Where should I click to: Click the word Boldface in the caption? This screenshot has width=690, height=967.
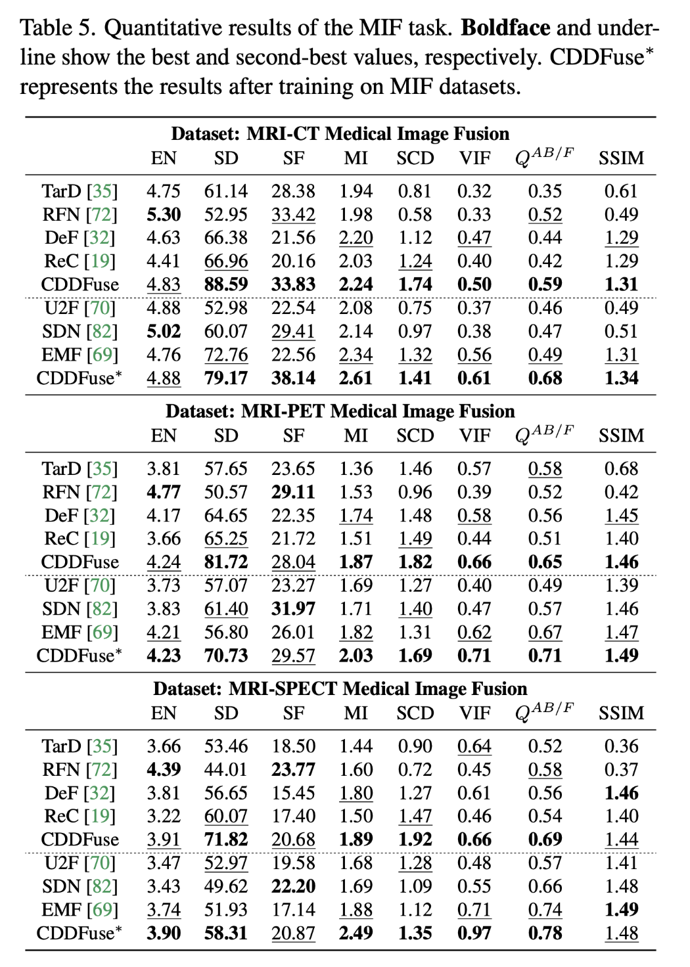pos(505,28)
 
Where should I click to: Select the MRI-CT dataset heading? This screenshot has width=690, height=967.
pos(340,133)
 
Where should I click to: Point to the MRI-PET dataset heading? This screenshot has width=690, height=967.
pos(340,411)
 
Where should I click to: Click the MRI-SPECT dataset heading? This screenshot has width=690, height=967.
pos(340,688)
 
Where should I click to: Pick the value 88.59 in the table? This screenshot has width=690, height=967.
pos(226,284)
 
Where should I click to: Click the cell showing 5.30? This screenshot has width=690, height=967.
pos(164,214)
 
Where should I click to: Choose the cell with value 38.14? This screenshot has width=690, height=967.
pos(293,378)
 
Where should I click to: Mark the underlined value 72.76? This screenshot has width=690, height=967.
pos(226,355)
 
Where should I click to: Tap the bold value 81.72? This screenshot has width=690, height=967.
pos(226,562)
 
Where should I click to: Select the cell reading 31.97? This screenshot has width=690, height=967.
pos(293,609)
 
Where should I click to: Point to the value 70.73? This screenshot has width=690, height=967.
pos(226,656)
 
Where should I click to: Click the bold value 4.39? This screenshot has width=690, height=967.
pos(164,769)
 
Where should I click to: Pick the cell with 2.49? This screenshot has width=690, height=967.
pos(356,933)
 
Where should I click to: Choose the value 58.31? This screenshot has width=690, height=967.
pos(226,933)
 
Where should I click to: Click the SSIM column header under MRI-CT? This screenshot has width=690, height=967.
pos(621,158)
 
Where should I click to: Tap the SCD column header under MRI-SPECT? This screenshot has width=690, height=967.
pos(415,713)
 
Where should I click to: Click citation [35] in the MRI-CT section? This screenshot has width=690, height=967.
pos(102,191)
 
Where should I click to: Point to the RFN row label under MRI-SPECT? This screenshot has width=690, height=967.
pos(61,769)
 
